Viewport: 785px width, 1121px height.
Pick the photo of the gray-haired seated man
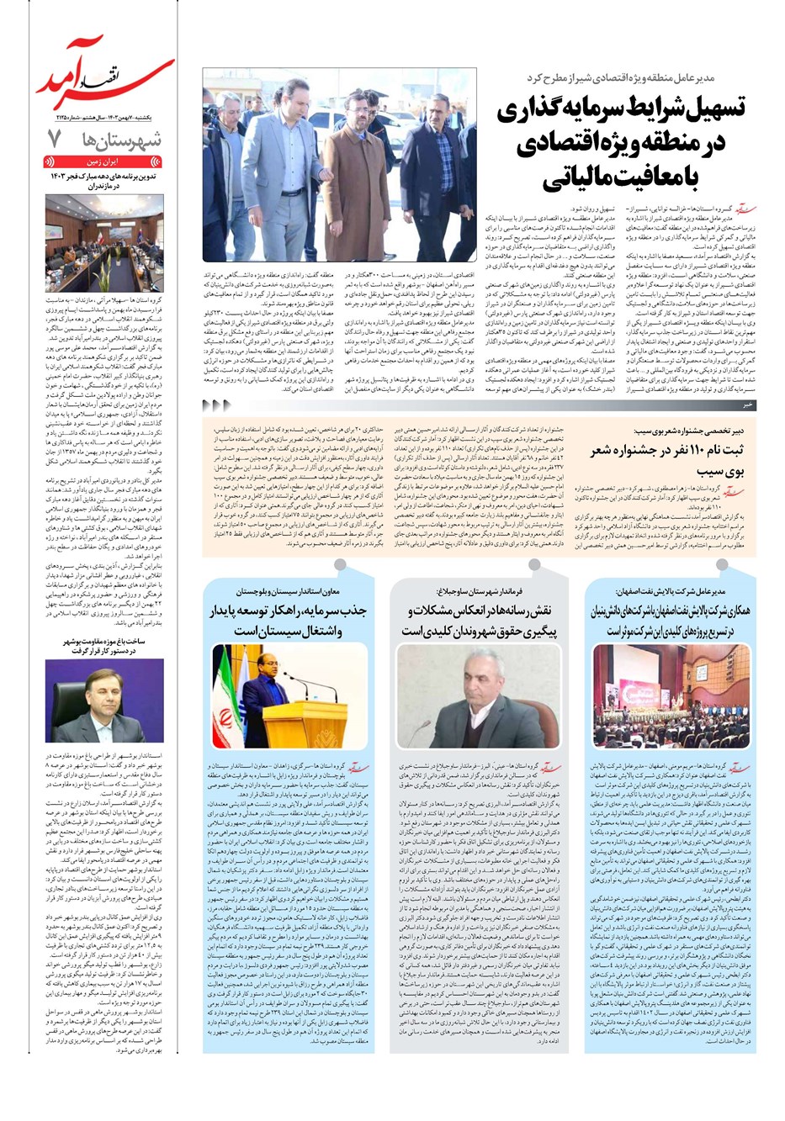coord(478,695)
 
